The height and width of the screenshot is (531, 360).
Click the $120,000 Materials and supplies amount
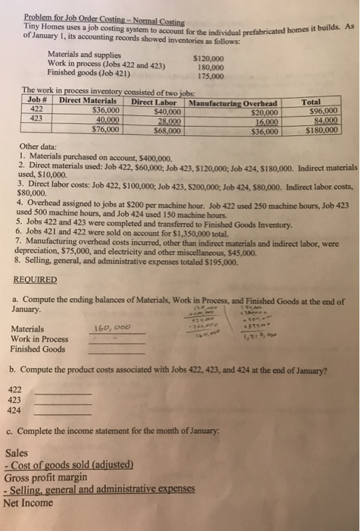click(210, 57)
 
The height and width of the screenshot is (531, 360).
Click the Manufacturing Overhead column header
click(233, 102)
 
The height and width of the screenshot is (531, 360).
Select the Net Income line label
click(27, 501)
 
